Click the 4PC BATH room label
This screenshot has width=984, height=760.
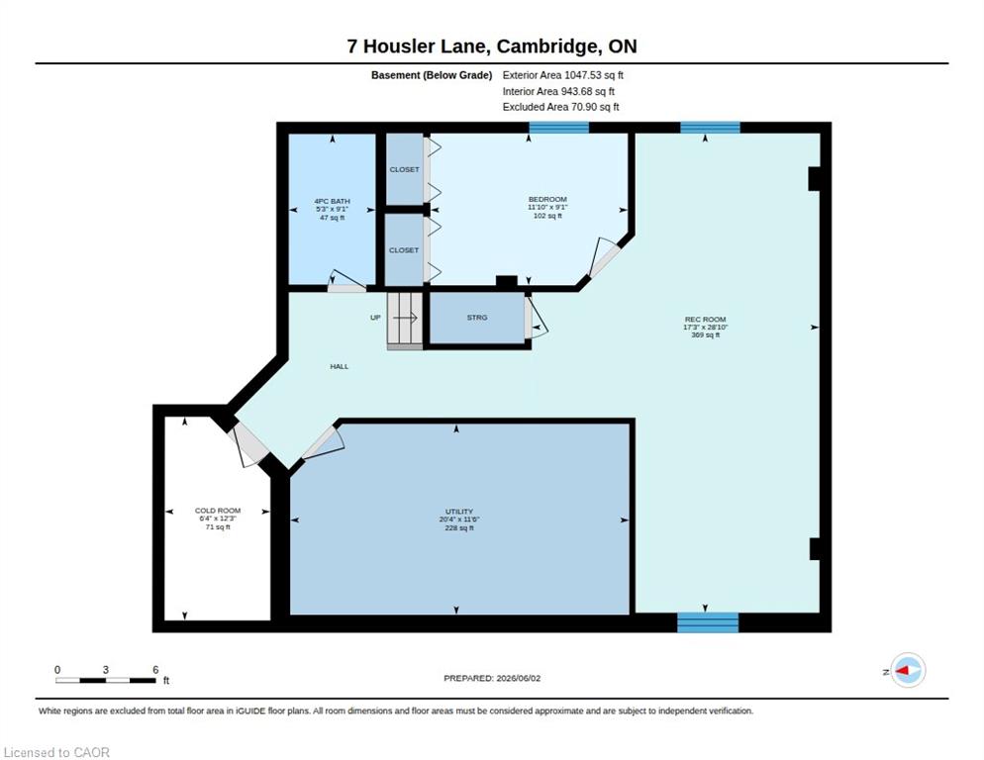click(332, 202)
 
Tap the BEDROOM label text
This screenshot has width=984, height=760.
click(547, 200)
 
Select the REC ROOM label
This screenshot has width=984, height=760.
click(706, 320)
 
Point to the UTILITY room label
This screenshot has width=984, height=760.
click(459, 512)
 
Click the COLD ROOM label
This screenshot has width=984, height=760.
click(218, 511)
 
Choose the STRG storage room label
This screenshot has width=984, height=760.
click(477, 318)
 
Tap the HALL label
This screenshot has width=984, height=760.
click(340, 366)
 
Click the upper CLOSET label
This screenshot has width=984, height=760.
click(404, 169)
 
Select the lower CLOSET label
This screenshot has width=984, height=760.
click(404, 249)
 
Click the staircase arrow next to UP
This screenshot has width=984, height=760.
click(406, 319)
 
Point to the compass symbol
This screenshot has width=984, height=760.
click(908, 670)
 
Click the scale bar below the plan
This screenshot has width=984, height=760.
click(105, 680)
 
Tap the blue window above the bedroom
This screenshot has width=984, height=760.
click(558, 128)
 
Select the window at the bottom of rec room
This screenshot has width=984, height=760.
click(708, 622)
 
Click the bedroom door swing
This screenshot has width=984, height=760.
click(603, 257)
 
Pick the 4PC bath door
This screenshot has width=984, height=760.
click(346, 281)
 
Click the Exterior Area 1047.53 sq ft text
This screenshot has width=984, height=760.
click(562, 74)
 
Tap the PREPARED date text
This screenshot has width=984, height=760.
click(492, 679)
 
